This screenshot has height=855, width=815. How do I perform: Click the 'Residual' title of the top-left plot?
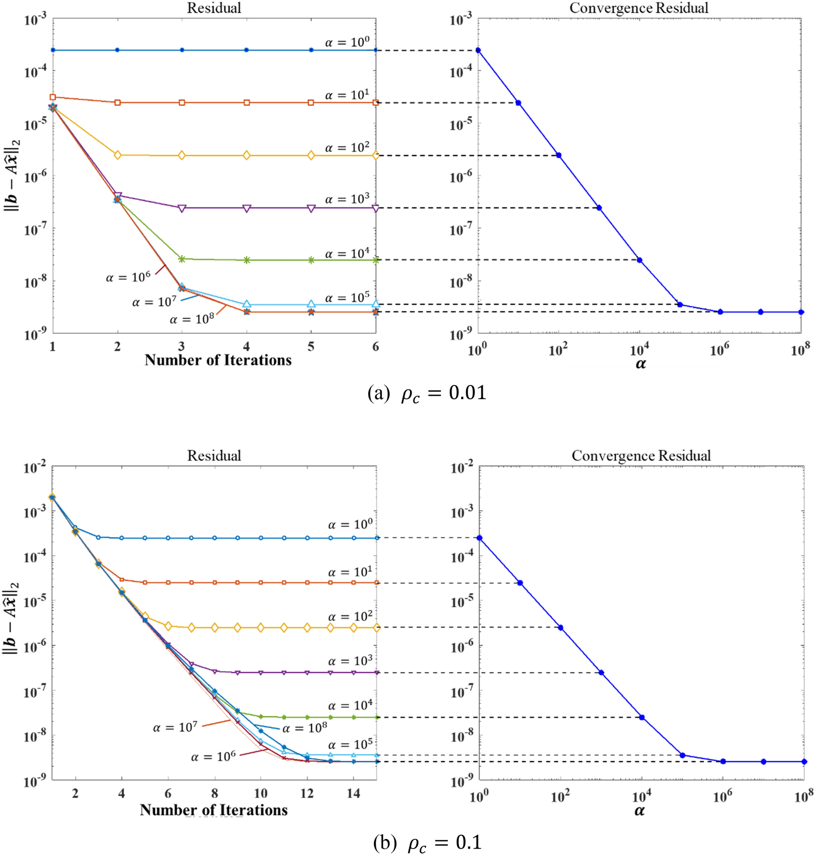[x=214, y=8]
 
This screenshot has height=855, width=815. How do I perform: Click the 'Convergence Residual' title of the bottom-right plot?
[x=641, y=455]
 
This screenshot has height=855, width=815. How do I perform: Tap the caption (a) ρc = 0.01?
[x=427, y=394]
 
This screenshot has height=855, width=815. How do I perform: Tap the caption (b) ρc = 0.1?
[x=427, y=842]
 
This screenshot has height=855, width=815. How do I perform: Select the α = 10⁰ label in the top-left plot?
[x=347, y=43]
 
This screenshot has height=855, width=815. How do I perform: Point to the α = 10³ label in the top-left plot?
[x=347, y=200]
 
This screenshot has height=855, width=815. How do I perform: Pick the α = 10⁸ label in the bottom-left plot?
[x=305, y=728]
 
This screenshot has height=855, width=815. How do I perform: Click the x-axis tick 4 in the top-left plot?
[x=246, y=346]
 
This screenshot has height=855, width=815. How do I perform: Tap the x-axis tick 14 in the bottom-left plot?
[x=353, y=793]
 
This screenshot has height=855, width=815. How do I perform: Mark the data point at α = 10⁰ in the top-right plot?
[x=478, y=50]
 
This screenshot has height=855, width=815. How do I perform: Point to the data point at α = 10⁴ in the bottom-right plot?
[x=642, y=717]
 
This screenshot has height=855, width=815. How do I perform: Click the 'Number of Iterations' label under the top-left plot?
[x=218, y=360]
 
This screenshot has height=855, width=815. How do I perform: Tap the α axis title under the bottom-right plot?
[x=640, y=811]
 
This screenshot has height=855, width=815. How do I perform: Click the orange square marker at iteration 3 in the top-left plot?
[x=182, y=103]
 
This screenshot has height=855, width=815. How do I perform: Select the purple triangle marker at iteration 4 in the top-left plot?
[x=246, y=208]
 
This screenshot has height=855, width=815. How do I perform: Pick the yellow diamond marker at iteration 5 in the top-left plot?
[x=311, y=155]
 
